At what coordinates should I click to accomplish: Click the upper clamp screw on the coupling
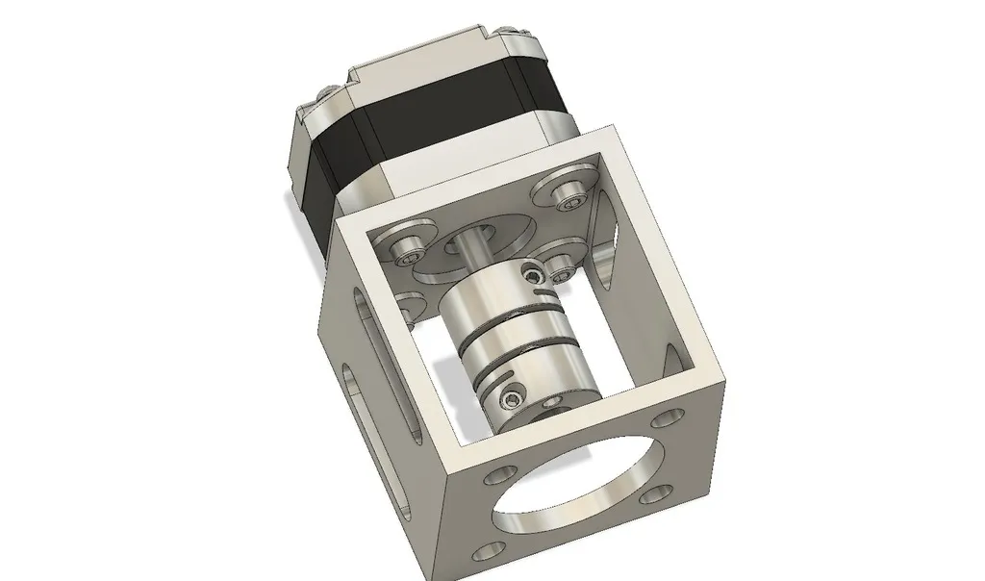(x=532, y=276)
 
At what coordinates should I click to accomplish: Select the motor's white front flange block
(x=423, y=183)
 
